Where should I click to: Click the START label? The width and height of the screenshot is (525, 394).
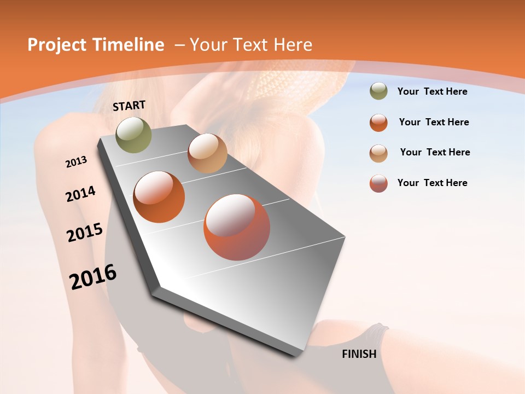[x=129, y=106]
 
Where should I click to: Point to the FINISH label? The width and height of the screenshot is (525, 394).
[x=359, y=354]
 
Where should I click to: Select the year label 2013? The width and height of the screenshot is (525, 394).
[x=77, y=162]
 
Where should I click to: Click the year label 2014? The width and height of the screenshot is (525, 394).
[x=81, y=194]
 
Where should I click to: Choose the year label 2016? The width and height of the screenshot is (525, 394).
[x=93, y=277]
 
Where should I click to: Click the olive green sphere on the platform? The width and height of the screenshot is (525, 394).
[x=133, y=135]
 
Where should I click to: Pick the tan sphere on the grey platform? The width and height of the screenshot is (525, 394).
[x=207, y=153]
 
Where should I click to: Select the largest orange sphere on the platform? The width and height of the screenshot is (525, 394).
[x=237, y=227]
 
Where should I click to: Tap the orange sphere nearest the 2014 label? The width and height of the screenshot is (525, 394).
[x=159, y=197]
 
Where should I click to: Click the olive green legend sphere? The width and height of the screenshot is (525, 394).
[x=378, y=91]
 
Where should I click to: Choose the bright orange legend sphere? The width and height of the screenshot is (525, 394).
[x=378, y=123]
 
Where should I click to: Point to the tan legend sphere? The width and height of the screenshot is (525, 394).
[x=378, y=153]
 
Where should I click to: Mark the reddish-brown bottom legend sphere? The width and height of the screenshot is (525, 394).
[x=378, y=183]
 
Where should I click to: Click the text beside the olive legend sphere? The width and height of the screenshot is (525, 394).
[x=432, y=91]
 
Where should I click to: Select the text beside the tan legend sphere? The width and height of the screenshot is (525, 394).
[x=435, y=152]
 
